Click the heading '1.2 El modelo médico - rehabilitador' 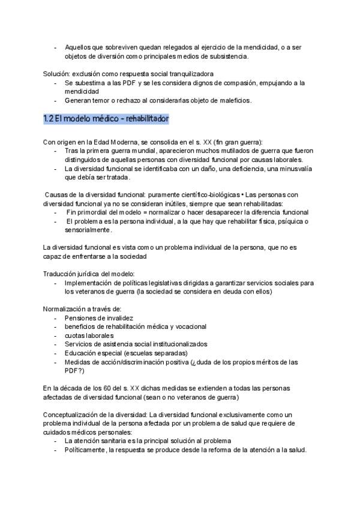106,119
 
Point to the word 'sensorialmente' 88,230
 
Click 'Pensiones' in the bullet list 81,318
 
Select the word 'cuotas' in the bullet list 76,335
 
